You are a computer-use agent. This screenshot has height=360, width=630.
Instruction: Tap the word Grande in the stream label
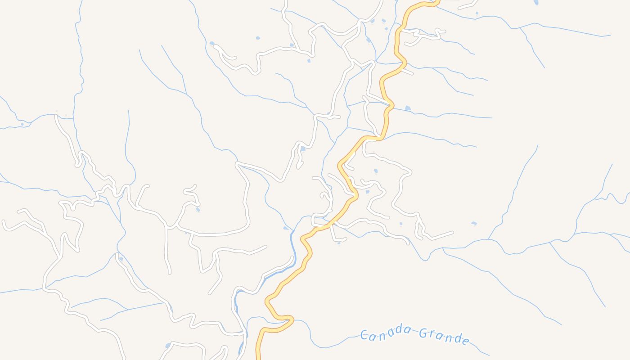[x=444, y=336]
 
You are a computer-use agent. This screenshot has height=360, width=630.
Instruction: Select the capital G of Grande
[x=423, y=333]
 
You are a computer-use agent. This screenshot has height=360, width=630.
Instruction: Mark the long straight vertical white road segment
[x=167, y=247]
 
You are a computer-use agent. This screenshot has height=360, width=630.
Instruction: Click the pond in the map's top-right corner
[x=536, y=2]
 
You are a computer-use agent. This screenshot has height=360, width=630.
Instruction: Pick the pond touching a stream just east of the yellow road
[x=408, y=108]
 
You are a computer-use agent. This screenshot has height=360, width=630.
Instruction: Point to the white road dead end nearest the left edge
[x=4, y=222]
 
